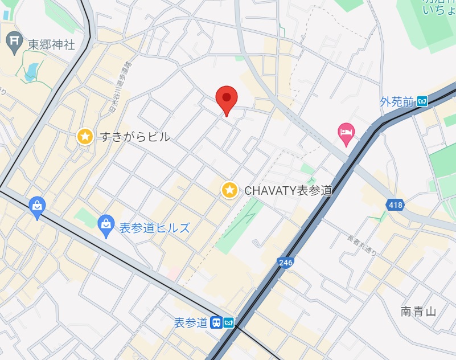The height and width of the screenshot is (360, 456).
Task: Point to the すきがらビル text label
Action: (135, 137)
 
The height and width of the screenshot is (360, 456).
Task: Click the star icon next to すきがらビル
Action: (85, 136)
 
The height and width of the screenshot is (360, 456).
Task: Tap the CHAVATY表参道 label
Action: (288, 191)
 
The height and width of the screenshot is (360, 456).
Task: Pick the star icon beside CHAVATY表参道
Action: (229, 190)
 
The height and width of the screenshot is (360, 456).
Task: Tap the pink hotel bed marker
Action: (346, 132)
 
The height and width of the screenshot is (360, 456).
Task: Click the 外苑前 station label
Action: (396, 102)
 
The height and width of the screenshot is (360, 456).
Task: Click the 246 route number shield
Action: (286, 262)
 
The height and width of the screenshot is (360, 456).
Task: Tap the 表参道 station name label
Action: (191, 323)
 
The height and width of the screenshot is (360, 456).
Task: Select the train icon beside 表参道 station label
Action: (216, 323)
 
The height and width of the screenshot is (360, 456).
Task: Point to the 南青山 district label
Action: (418, 311)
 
